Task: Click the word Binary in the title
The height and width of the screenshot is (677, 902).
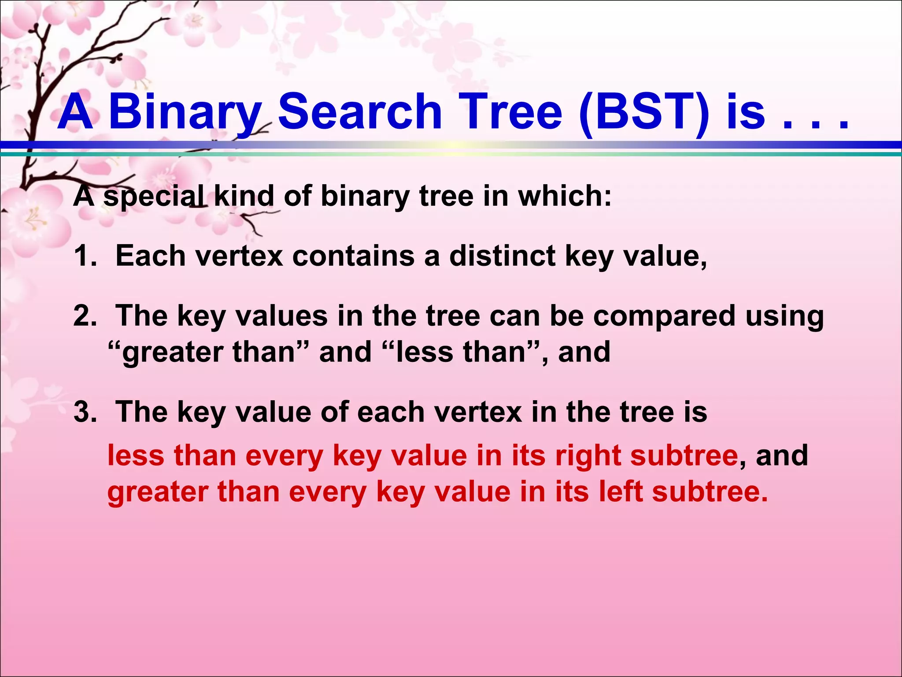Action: tap(185, 112)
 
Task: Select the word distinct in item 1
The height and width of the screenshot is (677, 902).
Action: tap(502, 256)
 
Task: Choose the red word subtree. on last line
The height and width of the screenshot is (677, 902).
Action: tap(710, 491)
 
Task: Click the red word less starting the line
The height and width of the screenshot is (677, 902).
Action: tap(136, 455)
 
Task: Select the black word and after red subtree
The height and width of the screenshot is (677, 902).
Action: tap(782, 455)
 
